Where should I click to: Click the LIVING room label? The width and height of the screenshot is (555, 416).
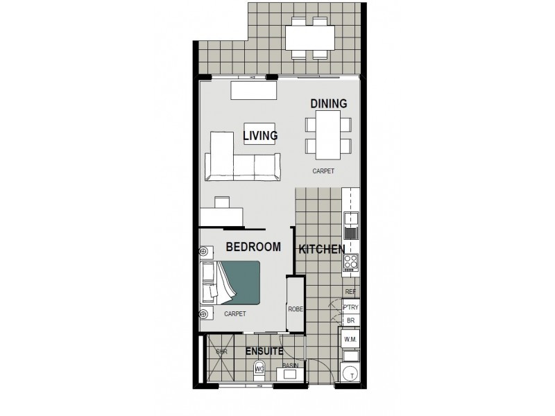pos(260,136)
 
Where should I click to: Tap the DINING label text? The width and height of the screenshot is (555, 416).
pos(328,103)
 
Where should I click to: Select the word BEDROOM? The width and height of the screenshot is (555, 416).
pos(253,247)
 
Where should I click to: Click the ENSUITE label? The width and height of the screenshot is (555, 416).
pos(264,352)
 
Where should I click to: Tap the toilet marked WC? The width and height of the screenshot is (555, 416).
pos(260,369)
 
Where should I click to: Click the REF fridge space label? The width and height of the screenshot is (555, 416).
pos(350,292)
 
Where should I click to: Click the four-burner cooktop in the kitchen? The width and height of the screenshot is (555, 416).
pos(350,263)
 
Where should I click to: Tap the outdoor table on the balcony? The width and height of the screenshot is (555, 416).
pos(310,36)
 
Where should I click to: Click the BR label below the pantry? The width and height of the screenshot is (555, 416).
pos(350,321)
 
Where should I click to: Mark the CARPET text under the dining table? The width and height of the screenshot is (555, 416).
pos(323,171)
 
